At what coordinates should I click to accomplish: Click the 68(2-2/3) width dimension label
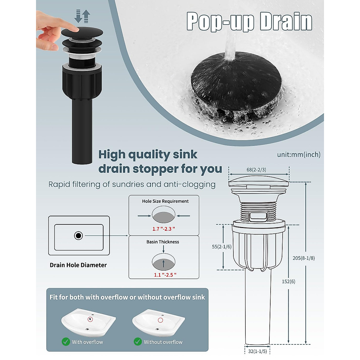click(256, 170)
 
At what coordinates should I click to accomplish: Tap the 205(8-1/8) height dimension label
click(304, 258)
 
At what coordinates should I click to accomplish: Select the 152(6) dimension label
click(288, 281)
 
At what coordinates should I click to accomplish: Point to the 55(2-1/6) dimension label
click(222, 247)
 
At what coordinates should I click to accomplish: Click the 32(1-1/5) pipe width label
click(257, 351)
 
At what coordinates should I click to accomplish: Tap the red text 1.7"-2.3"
click(163, 229)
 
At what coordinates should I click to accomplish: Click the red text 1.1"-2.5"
click(165, 275)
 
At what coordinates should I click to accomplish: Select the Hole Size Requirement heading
click(165, 201)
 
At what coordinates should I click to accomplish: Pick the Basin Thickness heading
click(163, 242)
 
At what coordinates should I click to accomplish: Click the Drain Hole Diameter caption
click(78, 265)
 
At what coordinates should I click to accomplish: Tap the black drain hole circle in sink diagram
click(79, 235)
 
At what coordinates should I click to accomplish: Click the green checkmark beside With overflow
click(66, 342)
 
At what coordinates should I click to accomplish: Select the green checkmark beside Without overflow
click(138, 342)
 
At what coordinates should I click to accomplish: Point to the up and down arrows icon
click(82, 16)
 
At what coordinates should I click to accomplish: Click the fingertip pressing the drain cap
click(75, 29)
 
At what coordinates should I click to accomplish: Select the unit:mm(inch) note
click(298, 154)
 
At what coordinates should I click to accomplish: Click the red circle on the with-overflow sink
click(90, 319)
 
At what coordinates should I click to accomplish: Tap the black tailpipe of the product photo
click(82, 132)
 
